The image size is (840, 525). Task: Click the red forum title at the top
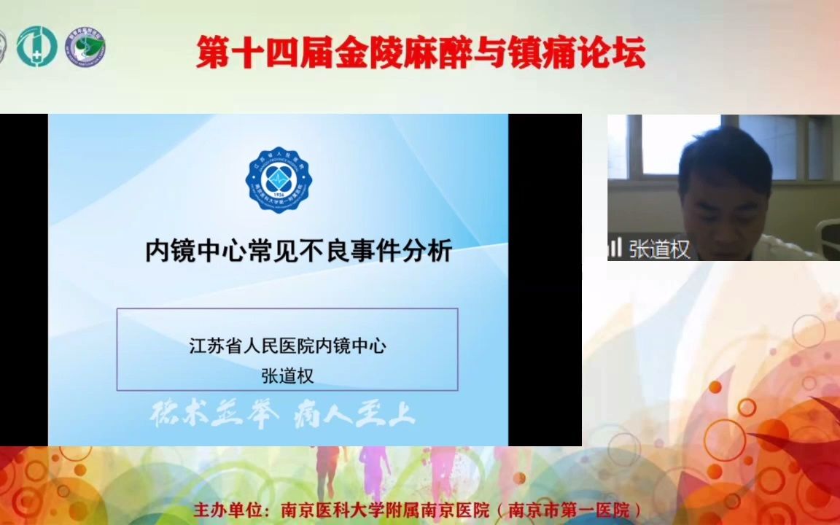click(421, 53)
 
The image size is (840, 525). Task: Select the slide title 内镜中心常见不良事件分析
click(299, 252)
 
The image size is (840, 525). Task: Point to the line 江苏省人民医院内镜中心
click(287, 346)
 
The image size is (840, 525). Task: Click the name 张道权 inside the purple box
click(287, 376)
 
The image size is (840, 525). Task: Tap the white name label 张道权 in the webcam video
click(659, 249)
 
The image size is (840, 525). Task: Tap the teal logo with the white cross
click(36, 47)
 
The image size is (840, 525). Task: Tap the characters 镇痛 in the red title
click(539, 53)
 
